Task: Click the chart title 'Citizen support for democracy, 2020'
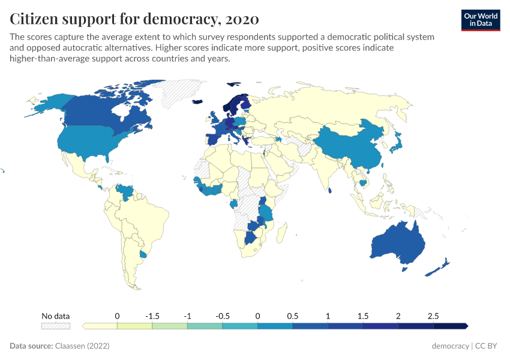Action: (134, 19)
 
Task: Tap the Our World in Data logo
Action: (480, 20)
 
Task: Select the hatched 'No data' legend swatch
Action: (55, 326)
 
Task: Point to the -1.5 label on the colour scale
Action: (152, 316)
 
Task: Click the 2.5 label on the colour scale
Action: (433, 316)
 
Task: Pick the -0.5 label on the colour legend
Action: (223, 316)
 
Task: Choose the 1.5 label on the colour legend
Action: (363, 316)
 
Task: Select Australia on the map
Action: (397, 243)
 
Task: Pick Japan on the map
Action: (397, 142)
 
